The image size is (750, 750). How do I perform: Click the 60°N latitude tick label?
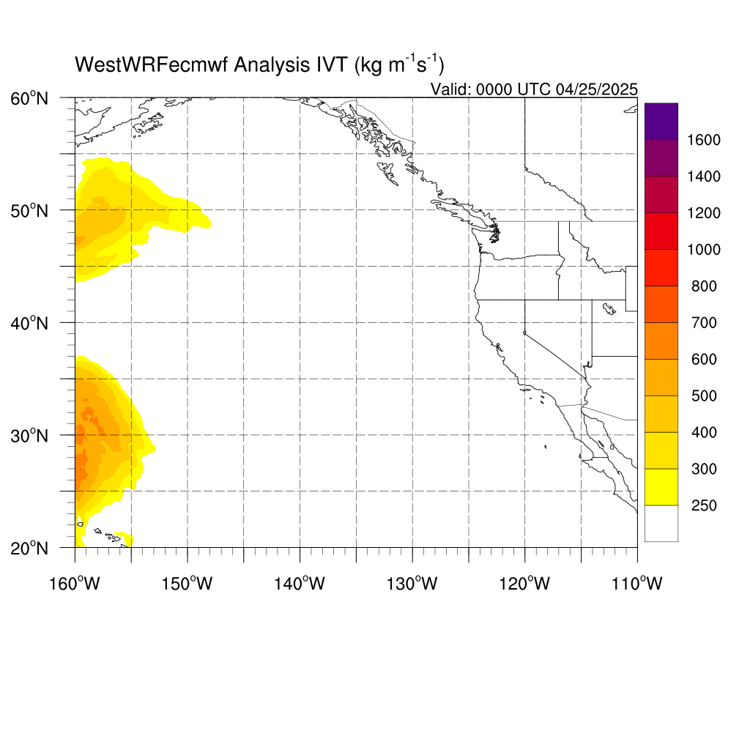pyautogui.click(x=29, y=99)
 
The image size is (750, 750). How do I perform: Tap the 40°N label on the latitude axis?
pyautogui.click(x=29, y=324)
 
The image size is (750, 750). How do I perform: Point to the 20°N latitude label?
pyautogui.click(x=29, y=549)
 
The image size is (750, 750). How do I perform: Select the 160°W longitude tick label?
pyautogui.click(x=75, y=584)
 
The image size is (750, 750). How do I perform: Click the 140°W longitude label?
pyautogui.click(x=300, y=584)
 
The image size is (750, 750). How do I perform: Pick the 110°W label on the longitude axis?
pyautogui.click(x=637, y=584)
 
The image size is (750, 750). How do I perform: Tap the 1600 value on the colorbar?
pyautogui.click(x=704, y=140)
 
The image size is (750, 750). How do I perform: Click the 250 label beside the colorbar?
pyautogui.click(x=704, y=505)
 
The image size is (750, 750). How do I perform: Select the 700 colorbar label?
pyautogui.click(x=704, y=323)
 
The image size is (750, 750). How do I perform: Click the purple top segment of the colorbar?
pyautogui.click(x=661, y=121)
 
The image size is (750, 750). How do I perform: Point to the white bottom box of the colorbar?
pyautogui.click(x=661, y=523)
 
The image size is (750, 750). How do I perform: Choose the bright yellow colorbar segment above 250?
pyautogui.click(x=661, y=487)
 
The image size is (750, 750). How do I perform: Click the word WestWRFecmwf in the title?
pyautogui.click(x=152, y=64)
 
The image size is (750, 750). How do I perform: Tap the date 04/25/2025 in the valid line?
pyautogui.click(x=597, y=89)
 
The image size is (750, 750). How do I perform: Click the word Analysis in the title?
pyautogui.click(x=272, y=65)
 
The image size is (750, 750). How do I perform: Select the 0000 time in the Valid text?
pyautogui.click(x=494, y=89)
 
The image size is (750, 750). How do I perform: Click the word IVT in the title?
pyautogui.click(x=332, y=64)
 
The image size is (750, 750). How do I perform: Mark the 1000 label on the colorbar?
pyautogui.click(x=704, y=250)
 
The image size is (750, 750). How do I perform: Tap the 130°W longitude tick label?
pyautogui.click(x=412, y=584)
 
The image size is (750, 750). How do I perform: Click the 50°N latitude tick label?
pyautogui.click(x=29, y=211)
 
